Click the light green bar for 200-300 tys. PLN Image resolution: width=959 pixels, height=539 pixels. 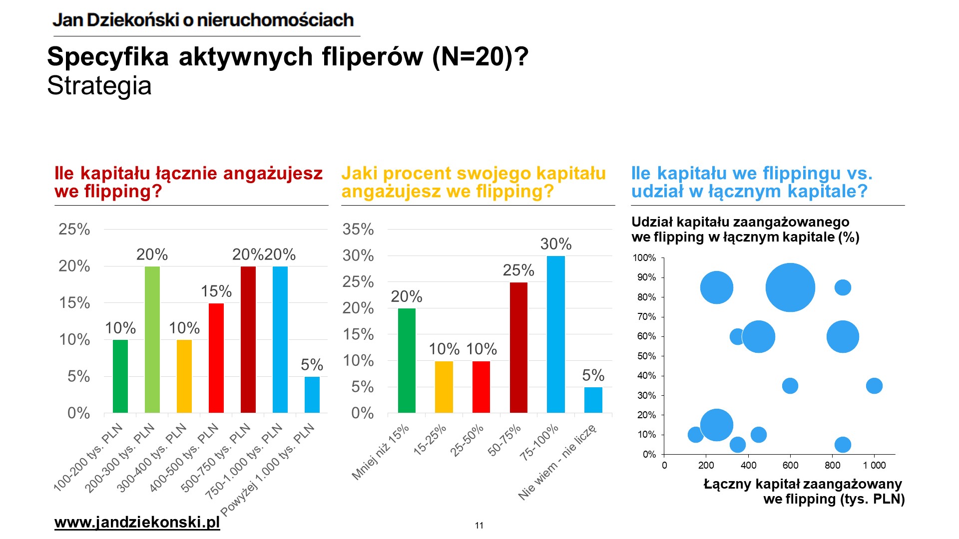click(x=152, y=339)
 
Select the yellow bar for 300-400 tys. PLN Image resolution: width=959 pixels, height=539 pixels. click(x=184, y=376)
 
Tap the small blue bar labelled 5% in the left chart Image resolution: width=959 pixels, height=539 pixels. click(x=312, y=395)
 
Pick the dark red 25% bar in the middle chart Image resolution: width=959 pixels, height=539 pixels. click(x=518, y=347)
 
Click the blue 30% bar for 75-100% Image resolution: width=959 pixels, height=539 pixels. click(x=556, y=334)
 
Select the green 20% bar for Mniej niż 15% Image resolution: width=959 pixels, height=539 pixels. click(x=407, y=360)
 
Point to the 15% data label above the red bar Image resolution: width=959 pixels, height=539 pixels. click(x=216, y=291)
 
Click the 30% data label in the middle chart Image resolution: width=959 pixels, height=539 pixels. click(x=556, y=244)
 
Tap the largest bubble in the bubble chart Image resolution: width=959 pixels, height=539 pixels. click(x=790, y=287)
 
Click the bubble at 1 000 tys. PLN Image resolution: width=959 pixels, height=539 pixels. click(x=874, y=386)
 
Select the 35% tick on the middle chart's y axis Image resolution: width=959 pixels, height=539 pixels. click(x=358, y=229)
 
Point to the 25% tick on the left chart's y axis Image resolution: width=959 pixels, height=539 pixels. click(x=74, y=229)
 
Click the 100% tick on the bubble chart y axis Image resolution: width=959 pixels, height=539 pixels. click(x=644, y=258)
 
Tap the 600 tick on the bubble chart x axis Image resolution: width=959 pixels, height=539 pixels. click(x=790, y=466)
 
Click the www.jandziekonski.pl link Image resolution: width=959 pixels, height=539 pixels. click(x=137, y=523)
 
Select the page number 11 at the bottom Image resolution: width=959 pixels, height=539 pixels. click(x=479, y=526)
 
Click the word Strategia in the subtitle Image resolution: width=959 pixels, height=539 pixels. click(x=99, y=85)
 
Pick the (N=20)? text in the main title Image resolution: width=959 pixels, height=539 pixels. click(x=480, y=56)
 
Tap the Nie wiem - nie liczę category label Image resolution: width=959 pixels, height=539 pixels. click(x=557, y=462)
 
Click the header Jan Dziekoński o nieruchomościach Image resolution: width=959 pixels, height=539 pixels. click(x=203, y=20)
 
